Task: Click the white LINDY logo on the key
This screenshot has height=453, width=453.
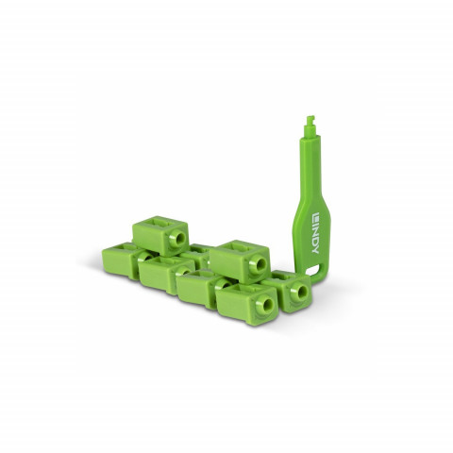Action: pyautogui.click(x=315, y=234)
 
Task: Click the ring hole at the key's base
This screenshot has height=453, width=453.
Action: pyautogui.click(x=313, y=269)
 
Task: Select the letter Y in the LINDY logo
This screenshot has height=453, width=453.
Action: pyautogui.click(x=315, y=249)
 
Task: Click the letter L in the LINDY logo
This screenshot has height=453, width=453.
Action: pyautogui.click(x=315, y=217)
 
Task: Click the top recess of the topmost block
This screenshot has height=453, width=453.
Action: pyautogui.click(x=159, y=223)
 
